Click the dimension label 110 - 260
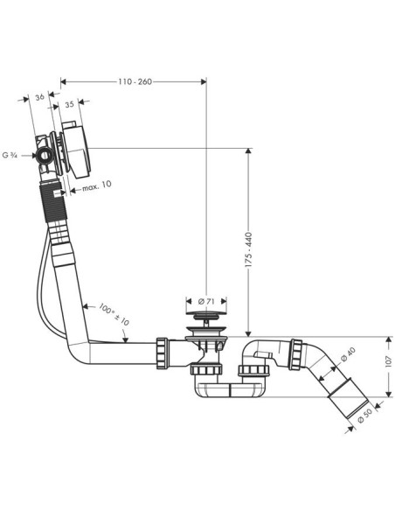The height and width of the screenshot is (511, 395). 135,81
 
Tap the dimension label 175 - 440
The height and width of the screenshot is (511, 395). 248,250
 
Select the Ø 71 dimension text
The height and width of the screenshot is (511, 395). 206,302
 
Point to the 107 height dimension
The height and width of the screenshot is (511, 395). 389,361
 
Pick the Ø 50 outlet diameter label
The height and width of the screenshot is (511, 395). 364,416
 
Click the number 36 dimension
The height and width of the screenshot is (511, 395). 39,97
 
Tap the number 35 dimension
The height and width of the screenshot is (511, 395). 69,104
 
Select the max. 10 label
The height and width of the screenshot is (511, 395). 97,185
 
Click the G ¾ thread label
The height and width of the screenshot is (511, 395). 10,155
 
